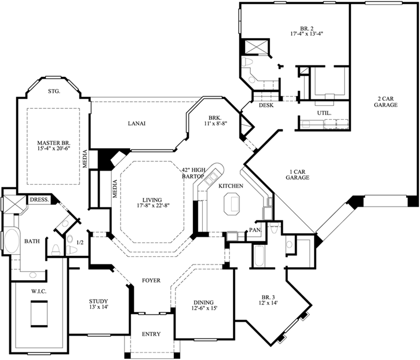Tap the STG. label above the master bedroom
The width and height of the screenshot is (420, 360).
pyautogui.click(x=53, y=91)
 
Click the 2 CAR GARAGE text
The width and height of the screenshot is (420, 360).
pyautogui.click(x=385, y=102)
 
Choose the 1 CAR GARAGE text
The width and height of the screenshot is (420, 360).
pyautogui.click(x=297, y=175)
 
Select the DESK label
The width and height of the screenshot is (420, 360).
pyautogui.click(x=266, y=105)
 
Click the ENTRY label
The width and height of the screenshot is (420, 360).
pyautogui.click(x=151, y=335)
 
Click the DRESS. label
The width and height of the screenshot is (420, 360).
pyautogui.click(x=39, y=199)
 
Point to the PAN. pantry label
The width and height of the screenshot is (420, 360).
pyautogui.click(x=255, y=230)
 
